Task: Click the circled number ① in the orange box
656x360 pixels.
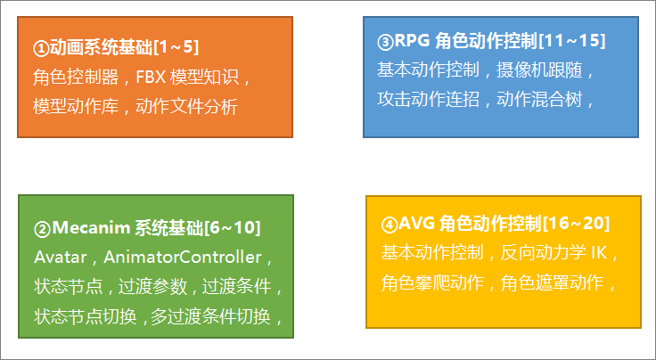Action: tap(41, 48)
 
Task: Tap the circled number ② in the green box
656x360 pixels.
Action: tap(42, 229)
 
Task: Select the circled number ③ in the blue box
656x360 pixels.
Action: tap(385, 42)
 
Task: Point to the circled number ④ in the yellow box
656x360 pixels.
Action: tap(389, 225)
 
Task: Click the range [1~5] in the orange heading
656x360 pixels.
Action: tap(176, 47)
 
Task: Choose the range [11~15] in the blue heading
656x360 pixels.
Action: tap(571, 41)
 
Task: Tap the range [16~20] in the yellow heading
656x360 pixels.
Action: tap(576, 224)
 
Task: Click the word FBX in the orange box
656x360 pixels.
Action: tap(151, 77)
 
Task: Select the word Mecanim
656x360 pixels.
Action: tap(91, 228)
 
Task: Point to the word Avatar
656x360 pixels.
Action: tap(61, 258)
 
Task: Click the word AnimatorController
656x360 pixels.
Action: tap(183, 258)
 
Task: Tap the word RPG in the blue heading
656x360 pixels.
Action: tap(411, 41)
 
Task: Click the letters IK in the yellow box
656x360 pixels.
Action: tap(599, 252)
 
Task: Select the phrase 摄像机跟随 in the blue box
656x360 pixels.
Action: tap(539, 70)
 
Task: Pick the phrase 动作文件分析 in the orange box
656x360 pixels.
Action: tap(186, 107)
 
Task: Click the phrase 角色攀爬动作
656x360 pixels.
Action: tap(432, 283)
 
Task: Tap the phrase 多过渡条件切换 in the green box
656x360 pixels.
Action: tap(210, 316)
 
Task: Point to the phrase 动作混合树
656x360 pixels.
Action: tap(539, 100)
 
